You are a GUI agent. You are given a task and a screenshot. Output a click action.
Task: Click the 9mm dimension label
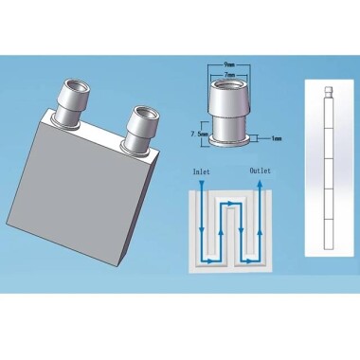point(229,65)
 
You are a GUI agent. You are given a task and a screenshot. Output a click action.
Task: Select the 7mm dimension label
point(229,75)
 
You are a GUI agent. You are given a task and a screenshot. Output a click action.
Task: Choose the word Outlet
point(261,171)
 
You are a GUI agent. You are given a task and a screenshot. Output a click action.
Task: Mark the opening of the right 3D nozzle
point(143,114)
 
